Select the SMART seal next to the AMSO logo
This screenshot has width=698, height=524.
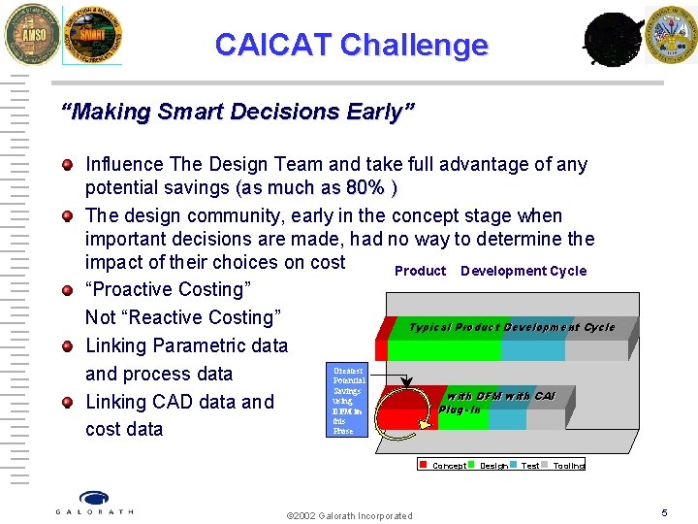tap(92, 36)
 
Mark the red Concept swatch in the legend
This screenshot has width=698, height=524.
tap(424, 465)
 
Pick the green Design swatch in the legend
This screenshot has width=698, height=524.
tap(472, 465)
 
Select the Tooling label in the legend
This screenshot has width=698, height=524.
tap(569, 466)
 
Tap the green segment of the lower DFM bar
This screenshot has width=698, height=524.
tap(465, 418)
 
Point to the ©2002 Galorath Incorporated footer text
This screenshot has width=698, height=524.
tap(349, 515)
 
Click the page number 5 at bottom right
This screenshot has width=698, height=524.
tap(664, 512)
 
